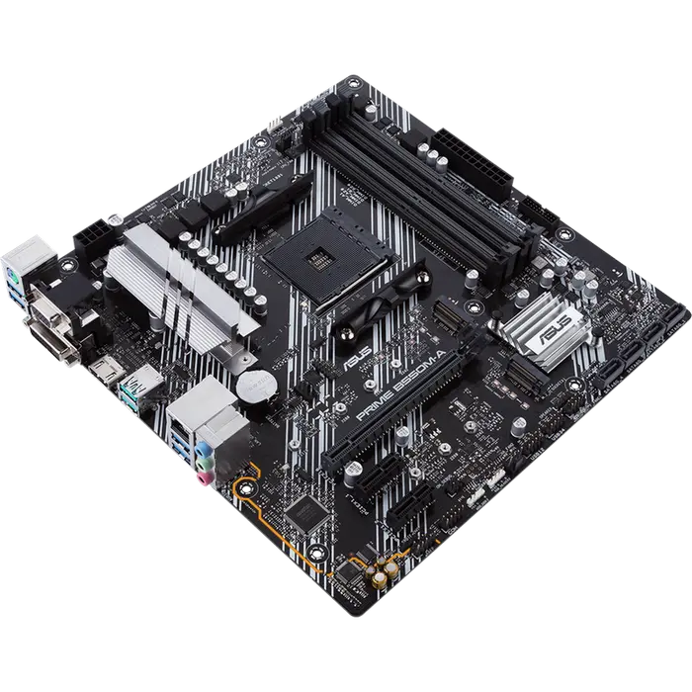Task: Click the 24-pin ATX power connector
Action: coord(482,163)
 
